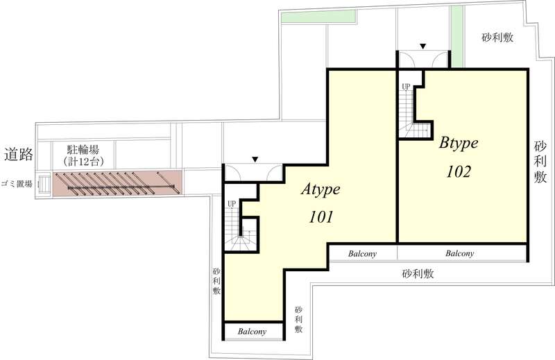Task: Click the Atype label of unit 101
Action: click(x=325, y=190)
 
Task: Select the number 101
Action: click(x=322, y=217)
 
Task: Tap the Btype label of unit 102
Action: click(x=459, y=144)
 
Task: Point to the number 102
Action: click(x=459, y=171)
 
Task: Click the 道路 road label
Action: click(x=18, y=155)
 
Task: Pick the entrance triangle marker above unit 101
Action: click(x=255, y=160)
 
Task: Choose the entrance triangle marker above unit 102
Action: click(x=422, y=47)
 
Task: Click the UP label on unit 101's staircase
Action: click(x=232, y=203)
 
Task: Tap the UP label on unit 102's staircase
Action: click(x=406, y=87)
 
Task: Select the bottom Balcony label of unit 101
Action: click(x=253, y=332)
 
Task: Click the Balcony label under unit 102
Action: click(x=459, y=254)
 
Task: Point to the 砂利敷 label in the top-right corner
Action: click(x=497, y=37)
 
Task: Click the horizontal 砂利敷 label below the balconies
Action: click(x=418, y=273)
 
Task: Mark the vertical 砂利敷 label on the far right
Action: click(x=540, y=163)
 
